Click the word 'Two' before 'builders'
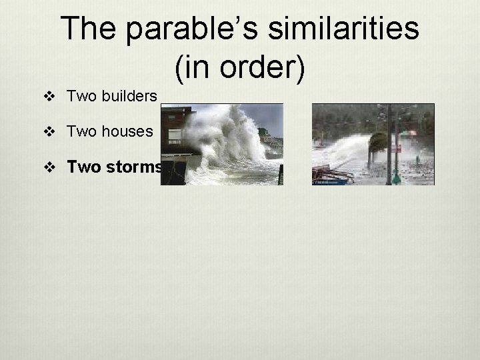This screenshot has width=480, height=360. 81,96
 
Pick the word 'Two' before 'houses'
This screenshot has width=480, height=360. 81,131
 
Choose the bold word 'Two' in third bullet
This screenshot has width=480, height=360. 83,167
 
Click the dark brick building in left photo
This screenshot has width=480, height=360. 175,127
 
